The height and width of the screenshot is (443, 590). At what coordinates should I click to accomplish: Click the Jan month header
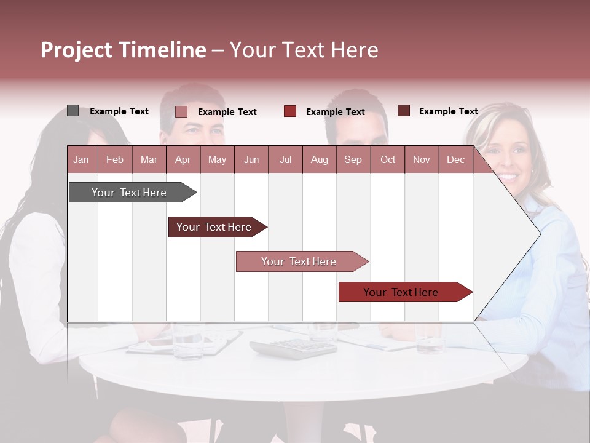[x=81, y=159]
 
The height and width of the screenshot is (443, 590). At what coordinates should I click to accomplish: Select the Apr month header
[x=183, y=159]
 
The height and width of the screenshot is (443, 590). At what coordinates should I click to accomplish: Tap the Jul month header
[x=285, y=159]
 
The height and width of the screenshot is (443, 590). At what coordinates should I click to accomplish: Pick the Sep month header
[x=353, y=159]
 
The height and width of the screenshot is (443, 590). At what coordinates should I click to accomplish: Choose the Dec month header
[x=455, y=159]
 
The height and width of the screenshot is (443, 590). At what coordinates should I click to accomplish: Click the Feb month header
[x=115, y=159]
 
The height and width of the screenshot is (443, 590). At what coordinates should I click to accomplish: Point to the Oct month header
[x=388, y=159]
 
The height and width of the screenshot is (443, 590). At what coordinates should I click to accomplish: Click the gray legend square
[x=73, y=111]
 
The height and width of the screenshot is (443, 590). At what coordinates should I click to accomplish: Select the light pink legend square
[x=181, y=111]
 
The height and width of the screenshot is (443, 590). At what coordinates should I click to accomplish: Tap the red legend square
[x=290, y=111]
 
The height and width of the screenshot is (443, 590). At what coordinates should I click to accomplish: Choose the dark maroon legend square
[x=404, y=111]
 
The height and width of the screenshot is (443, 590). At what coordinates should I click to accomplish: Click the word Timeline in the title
[x=162, y=50]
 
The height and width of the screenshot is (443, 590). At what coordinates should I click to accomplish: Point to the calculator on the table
[x=294, y=348]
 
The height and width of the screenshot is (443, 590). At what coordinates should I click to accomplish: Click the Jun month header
[x=251, y=159]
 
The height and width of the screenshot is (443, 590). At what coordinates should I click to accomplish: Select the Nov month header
[x=422, y=159]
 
